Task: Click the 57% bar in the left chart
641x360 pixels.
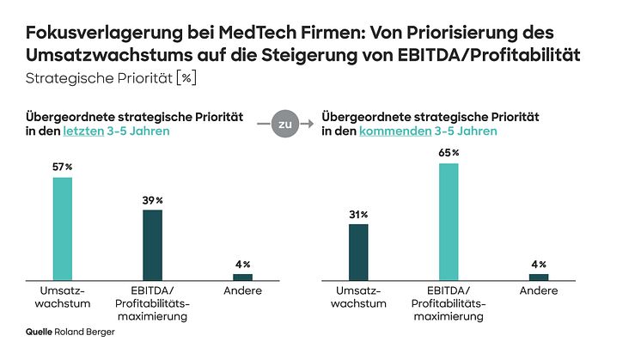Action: pyautogui.click(x=63, y=229)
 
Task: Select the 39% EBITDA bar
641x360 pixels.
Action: pyautogui.click(x=152, y=245)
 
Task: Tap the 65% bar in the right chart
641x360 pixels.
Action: pyautogui.click(x=448, y=221)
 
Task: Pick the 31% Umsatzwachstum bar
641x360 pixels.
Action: pyautogui.click(x=358, y=252)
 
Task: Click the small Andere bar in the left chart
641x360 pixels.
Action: pyautogui.click(x=243, y=277)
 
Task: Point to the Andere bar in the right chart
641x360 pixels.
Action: pyautogui.click(x=539, y=277)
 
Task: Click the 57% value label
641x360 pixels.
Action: pyautogui.click(x=63, y=168)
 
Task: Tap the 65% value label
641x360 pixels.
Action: pyautogui.click(x=449, y=153)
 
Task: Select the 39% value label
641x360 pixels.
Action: pyautogui.click(x=152, y=200)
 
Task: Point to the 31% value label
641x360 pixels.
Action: pyautogui.click(x=358, y=214)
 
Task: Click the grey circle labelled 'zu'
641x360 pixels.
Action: pyautogui.click(x=284, y=124)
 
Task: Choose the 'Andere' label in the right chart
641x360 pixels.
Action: pyautogui.click(x=539, y=291)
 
